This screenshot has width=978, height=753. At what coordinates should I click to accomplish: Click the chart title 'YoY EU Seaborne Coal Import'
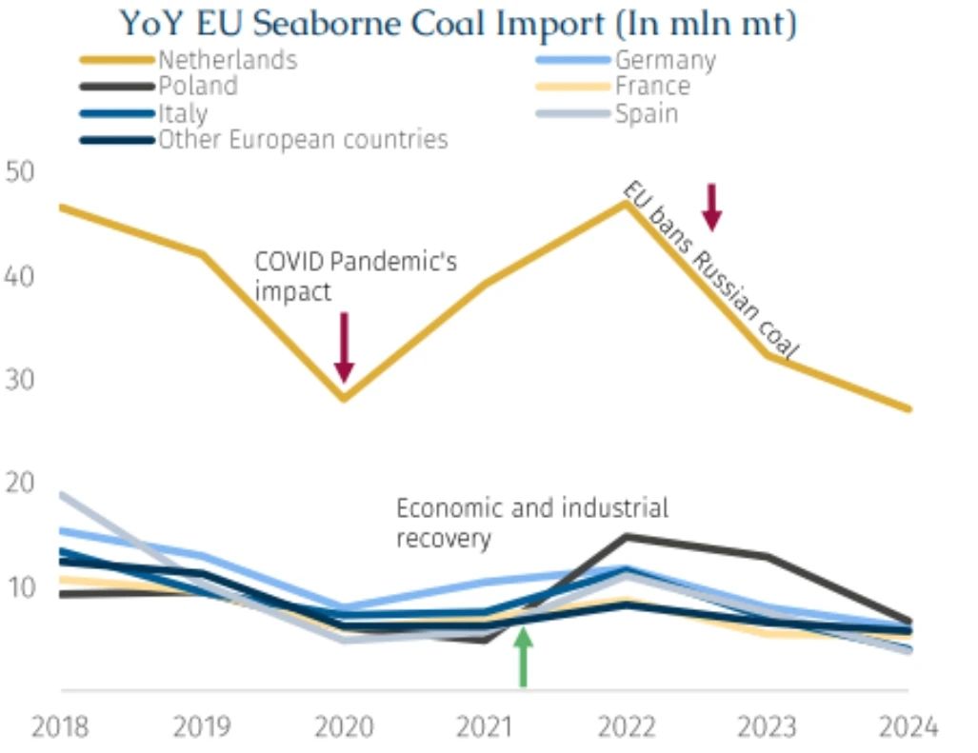tap(457, 23)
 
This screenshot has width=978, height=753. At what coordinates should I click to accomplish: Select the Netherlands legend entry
tap(228, 60)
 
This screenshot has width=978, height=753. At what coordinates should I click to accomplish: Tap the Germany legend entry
tap(665, 60)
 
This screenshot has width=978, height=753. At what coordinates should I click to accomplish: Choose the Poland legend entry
tap(198, 86)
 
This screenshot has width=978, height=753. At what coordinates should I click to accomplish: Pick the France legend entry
tap(652, 87)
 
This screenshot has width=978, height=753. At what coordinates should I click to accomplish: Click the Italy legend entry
tap(183, 113)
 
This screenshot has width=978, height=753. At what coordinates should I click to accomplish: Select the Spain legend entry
tap(647, 113)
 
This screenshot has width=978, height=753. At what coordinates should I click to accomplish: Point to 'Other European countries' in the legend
tap(303, 140)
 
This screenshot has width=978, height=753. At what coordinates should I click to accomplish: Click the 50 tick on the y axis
tap(20, 173)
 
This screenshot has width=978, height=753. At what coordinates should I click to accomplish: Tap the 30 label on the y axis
tap(20, 380)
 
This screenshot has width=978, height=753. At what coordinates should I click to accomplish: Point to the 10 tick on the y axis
tap(20, 586)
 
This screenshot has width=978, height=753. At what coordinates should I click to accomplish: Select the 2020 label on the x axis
tap(344, 727)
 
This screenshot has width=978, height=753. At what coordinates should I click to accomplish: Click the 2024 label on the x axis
tap(908, 727)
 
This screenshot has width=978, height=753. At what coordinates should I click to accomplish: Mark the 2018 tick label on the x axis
tap(60, 727)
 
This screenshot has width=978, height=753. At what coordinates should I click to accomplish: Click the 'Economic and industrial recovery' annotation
tap(531, 522)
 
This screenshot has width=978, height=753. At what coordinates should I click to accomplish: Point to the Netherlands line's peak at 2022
tap(626, 202)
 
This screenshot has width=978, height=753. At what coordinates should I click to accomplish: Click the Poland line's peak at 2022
tap(626, 536)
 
